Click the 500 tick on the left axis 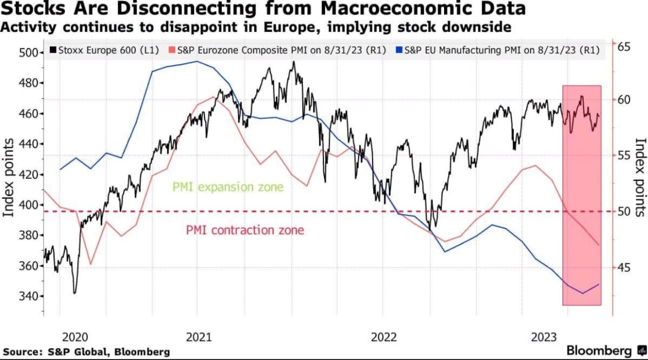click(28, 53)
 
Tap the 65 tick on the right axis click(624, 47)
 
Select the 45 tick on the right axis click(624, 267)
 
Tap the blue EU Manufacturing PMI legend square click(399, 50)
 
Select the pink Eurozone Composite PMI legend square click(172, 50)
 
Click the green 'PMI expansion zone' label click(228, 187)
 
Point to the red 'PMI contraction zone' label click(245, 230)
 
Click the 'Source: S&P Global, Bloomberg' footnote click(86, 351)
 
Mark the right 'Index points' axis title click(640, 177)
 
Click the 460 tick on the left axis click(28, 113)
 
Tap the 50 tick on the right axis click(624, 211)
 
